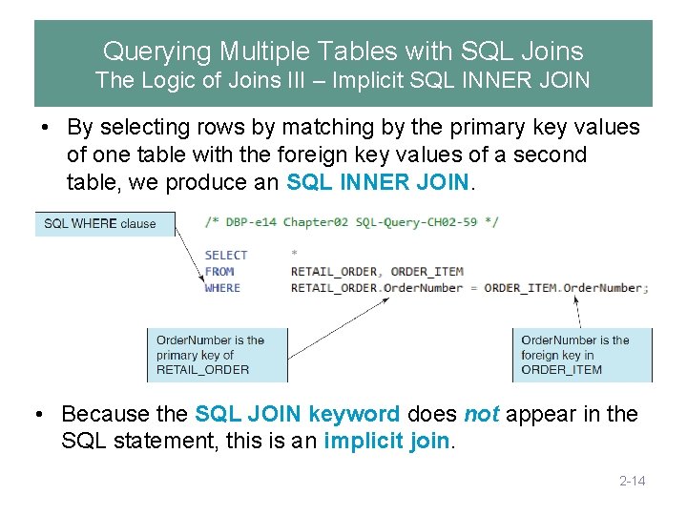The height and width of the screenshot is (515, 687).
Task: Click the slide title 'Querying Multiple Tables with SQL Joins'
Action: pyautogui.click(x=343, y=51)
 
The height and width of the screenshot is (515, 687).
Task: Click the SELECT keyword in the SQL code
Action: pyautogui.click(x=226, y=255)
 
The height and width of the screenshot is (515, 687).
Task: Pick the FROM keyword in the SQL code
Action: pyautogui.click(x=219, y=271)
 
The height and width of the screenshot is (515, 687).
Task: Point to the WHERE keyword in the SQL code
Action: pyautogui.click(x=222, y=287)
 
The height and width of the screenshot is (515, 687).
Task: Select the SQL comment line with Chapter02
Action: pyautogui.click(x=351, y=222)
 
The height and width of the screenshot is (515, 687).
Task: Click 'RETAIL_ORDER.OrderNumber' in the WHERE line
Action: pyautogui.click(x=381, y=287)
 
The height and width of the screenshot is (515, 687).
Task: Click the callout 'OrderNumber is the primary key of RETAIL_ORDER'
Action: pyautogui.click(x=216, y=355)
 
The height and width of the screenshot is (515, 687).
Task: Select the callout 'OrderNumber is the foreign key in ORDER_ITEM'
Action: pyautogui.click(x=581, y=355)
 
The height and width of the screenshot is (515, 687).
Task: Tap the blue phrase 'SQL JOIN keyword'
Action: pyautogui.click(x=297, y=414)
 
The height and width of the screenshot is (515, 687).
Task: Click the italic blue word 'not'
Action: pyautogui.click(x=482, y=414)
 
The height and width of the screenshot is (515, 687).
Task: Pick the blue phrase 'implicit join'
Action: pyautogui.click(x=385, y=442)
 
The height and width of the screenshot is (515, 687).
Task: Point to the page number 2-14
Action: pyautogui.click(x=632, y=481)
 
